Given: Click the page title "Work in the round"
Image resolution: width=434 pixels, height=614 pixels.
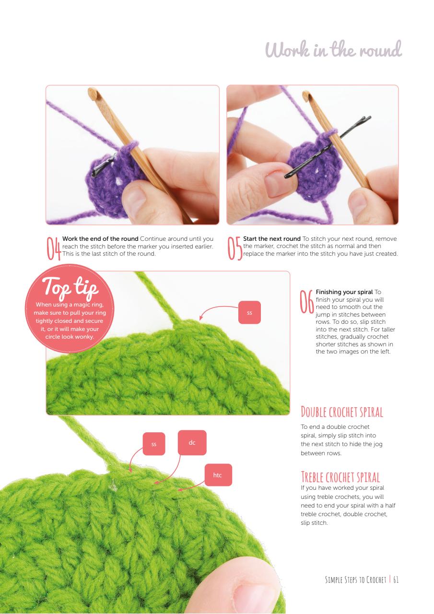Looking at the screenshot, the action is [333, 49].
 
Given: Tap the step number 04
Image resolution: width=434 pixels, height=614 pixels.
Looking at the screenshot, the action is [54, 248].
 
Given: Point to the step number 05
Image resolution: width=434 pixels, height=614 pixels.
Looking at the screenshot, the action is [235, 248].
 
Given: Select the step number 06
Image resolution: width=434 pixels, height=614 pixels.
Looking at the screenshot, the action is [307, 302].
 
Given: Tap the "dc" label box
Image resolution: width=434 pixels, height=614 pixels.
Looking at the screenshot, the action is [192, 442].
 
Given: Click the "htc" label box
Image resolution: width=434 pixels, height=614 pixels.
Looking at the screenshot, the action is [218, 475].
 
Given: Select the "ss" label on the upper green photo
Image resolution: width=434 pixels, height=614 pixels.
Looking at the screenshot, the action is [249, 312].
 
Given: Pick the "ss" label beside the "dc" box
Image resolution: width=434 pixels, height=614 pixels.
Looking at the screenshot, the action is [154, 444].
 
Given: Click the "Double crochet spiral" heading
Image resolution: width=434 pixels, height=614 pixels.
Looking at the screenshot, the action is [342, 412].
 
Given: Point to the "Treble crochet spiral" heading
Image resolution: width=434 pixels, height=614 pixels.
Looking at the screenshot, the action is [340, 477].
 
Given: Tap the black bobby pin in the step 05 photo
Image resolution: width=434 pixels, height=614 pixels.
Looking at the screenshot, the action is [328, 147].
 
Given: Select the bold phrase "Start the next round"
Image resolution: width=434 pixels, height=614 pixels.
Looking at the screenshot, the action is [272, 239].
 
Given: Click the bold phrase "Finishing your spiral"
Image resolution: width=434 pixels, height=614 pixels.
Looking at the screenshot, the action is [344, 292].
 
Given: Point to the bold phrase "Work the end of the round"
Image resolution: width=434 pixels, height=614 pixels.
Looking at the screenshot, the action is [100, 239].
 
